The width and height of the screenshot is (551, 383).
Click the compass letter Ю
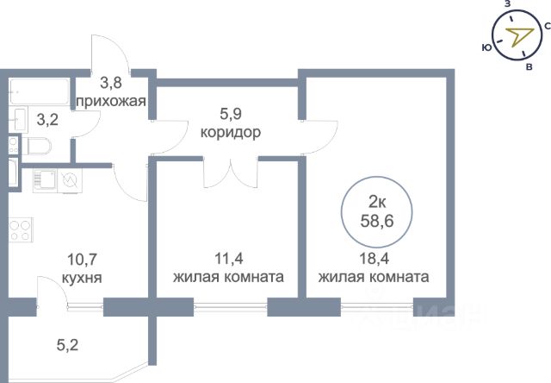point(486,46)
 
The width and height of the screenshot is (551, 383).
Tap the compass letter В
point(529,66)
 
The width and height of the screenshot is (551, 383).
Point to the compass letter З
point(507,5)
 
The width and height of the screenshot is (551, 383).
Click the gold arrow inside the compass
point(517,35)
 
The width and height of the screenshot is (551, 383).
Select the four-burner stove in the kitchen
point(20,232)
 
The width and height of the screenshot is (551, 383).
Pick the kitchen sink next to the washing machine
point(46,179)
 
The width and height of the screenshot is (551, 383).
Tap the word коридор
point(230,133)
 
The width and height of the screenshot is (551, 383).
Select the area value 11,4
point(229,256)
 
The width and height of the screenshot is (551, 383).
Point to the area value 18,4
point(374,256)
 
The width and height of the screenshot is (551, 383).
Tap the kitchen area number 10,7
point(85,257)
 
